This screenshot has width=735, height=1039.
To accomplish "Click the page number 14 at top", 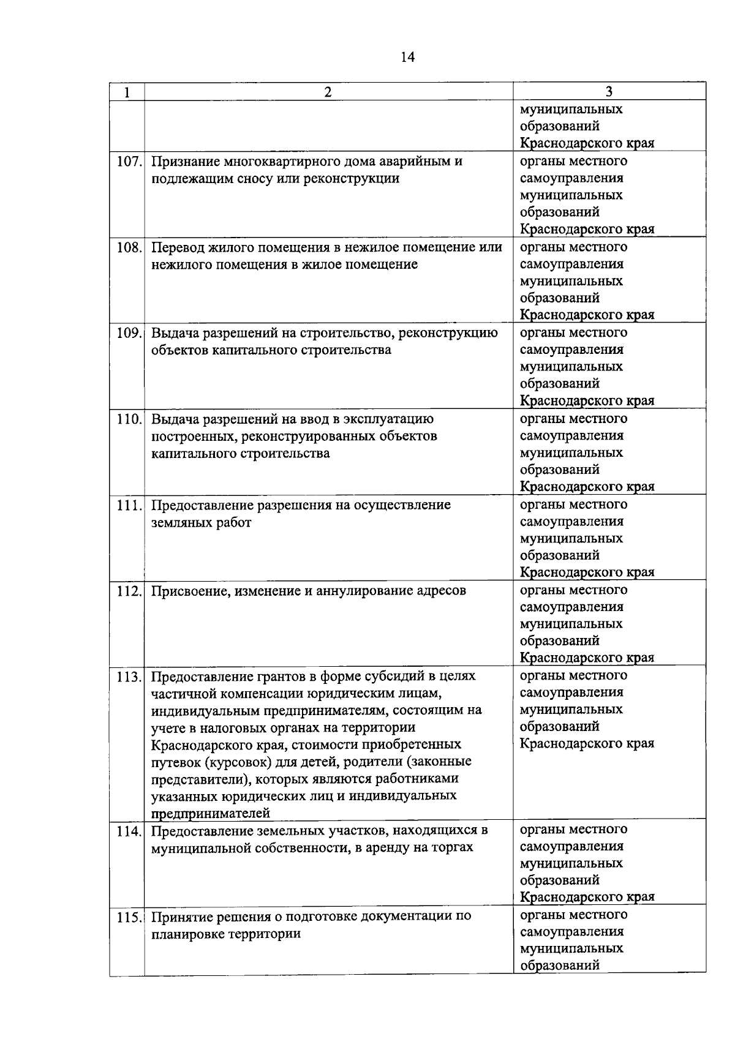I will click(407, 58).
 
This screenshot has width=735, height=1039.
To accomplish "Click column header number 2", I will click(328, 92).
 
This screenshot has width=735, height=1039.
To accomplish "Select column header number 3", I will click(609, 92).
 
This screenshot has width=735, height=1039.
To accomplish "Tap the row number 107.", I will click(129, 162).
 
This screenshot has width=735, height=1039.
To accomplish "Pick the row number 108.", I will click(129, 248).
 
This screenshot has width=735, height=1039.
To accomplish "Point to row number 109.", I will click(129, 334).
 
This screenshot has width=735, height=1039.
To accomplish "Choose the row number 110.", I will click(129, 420).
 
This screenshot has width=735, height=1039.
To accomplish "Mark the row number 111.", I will click(129, 506).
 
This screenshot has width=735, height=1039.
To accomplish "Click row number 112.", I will click(129, 591).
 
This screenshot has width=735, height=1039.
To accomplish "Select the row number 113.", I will click(129, 677).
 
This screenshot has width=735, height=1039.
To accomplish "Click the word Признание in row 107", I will click(184, 162).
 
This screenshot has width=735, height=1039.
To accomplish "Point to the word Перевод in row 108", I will click(178, 247).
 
